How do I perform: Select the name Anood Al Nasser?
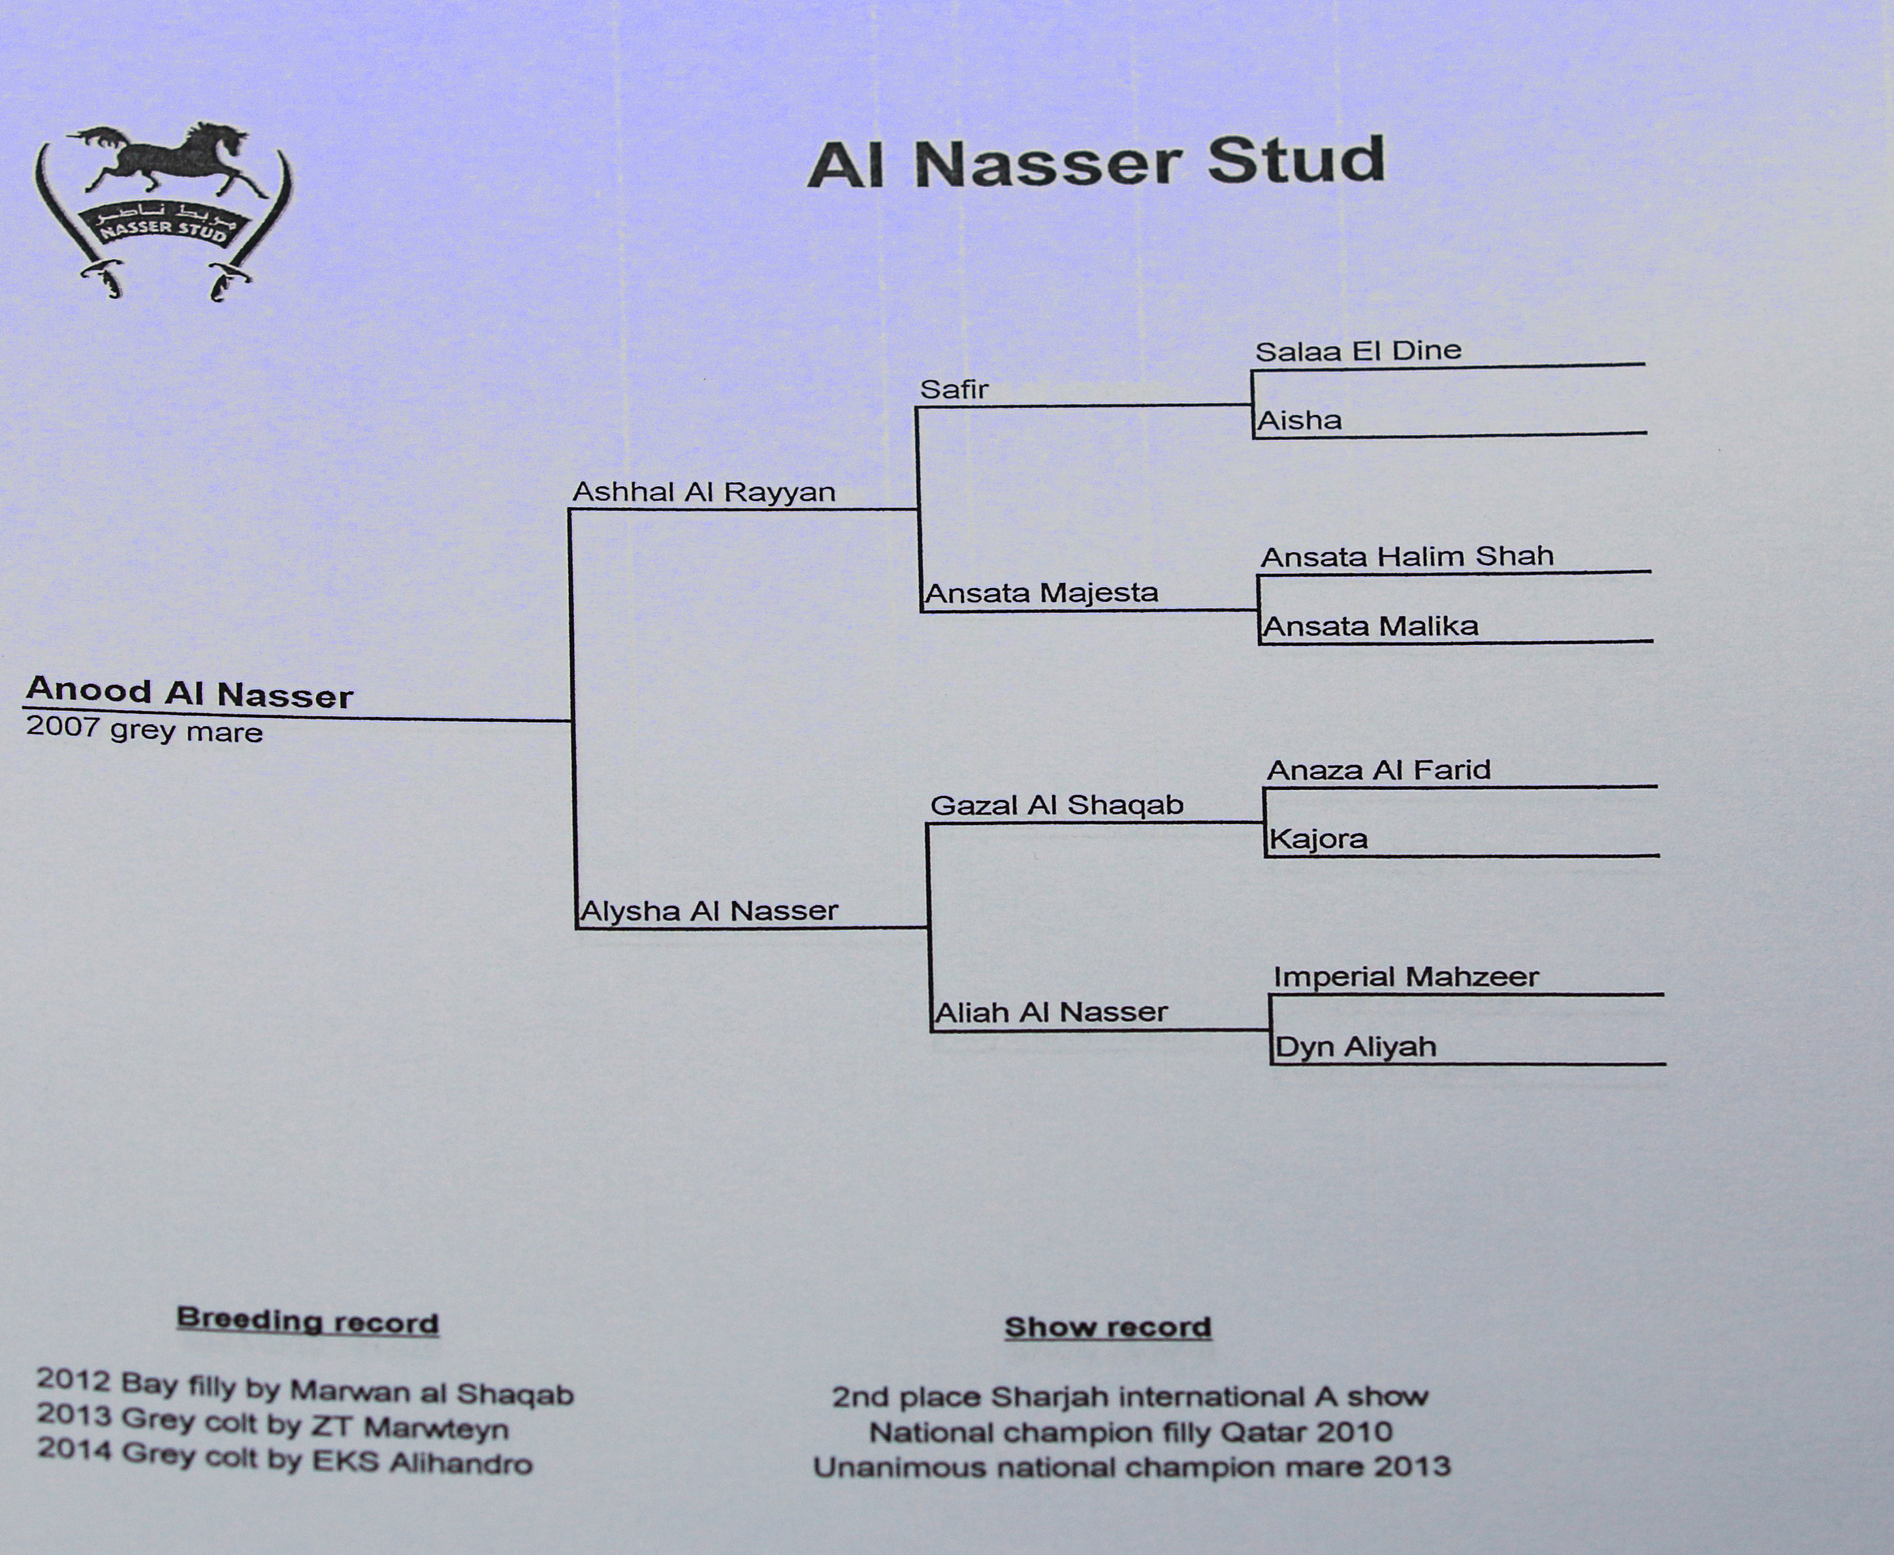(190, 693)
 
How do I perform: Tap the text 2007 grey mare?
(144, 729)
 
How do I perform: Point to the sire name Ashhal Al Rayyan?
(704, 492)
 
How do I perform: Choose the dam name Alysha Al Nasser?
(709, 911)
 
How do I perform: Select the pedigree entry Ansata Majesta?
(1042, 593)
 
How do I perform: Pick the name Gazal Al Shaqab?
(1057, 805)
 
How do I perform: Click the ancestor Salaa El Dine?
(1358, 350)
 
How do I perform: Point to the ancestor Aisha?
(1300, 420)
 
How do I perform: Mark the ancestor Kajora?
(1318, 840)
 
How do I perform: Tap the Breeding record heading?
(307, 1321)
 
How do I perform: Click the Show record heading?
(1108, 1326)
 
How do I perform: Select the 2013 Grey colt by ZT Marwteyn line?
(272, 1422)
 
